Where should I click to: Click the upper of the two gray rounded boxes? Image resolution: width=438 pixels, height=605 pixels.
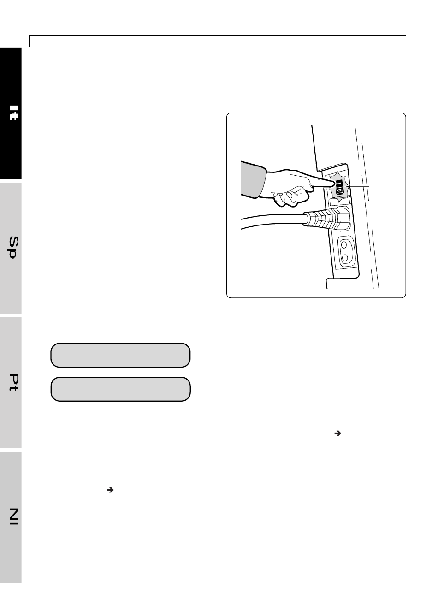[120, 355]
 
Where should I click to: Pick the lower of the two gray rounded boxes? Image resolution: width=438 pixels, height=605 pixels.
[120, 389]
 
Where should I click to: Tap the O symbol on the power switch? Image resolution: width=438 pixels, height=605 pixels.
[340, 191]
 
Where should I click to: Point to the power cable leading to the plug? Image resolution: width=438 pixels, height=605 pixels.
[272, 221]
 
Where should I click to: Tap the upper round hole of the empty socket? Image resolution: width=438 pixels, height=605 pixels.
[344, 245]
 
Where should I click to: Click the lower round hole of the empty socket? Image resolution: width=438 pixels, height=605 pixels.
[345, 258]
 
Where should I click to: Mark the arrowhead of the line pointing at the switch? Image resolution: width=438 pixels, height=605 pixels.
[348, 186]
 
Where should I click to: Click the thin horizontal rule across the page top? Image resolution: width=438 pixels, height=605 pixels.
[218, 35]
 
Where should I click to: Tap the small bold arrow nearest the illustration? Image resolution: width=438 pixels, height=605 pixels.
[337, 433]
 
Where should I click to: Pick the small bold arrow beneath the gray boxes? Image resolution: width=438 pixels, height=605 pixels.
[110, 490]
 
